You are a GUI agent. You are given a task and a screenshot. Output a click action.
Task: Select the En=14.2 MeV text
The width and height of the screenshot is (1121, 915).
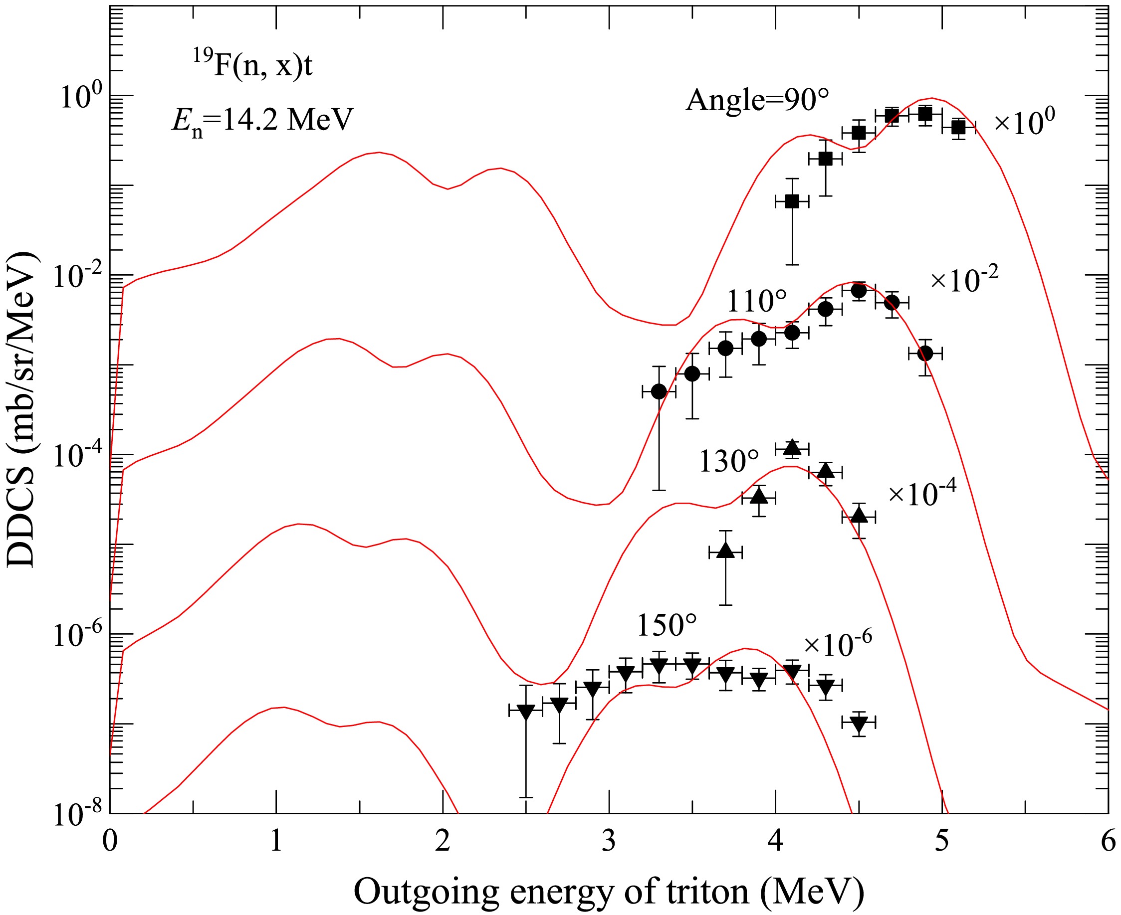tap(262, 121)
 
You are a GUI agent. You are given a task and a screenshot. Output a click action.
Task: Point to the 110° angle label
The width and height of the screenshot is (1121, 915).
tap(757, 302)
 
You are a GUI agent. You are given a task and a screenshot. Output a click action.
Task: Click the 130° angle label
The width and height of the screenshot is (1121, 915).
tap(729, 461)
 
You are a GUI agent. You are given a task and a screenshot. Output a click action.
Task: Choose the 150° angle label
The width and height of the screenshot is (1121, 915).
tap(667, 626)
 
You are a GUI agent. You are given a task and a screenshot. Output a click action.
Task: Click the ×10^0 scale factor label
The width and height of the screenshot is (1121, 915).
tap(1025, 122)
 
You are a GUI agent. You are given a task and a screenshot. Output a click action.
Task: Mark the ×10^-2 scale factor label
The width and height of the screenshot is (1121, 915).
tap(964, 280)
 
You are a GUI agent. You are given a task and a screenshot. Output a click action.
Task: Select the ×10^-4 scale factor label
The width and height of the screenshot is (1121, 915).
tap(922, 494)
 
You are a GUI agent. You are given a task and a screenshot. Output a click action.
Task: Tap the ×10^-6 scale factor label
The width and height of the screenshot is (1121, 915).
tap(838, 644)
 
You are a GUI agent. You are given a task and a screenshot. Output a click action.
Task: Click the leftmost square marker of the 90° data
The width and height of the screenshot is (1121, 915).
tap(792, 201)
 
